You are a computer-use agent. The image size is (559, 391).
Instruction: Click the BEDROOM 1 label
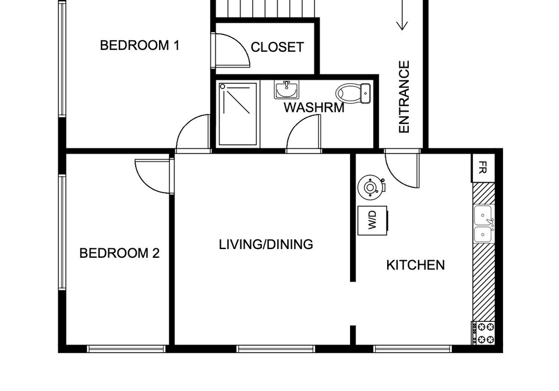[139, 45]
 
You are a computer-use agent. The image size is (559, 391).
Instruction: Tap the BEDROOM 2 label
[119, 253]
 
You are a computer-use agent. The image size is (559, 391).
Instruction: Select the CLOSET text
[277, 47]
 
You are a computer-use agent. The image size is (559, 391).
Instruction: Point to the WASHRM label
[314, 108]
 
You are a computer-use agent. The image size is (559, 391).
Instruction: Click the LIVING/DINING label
[266, 244]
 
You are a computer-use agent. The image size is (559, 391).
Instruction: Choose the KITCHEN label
[415, 265]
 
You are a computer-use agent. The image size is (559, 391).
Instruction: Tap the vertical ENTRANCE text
[404, 97]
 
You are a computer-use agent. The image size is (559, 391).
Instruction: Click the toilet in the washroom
[353, 93]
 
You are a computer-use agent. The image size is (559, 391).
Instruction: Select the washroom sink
[286, 90]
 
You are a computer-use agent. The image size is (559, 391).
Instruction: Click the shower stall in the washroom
[238, 114]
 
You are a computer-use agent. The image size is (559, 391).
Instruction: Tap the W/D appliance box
[373, 221]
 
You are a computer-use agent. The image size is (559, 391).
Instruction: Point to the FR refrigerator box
[483, 168]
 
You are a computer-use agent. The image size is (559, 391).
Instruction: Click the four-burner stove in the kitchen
[484, 333]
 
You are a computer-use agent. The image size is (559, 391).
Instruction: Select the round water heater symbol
[371, 187]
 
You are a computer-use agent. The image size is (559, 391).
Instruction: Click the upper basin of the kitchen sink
[483, 215]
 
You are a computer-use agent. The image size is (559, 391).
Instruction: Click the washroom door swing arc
[296, 125]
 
